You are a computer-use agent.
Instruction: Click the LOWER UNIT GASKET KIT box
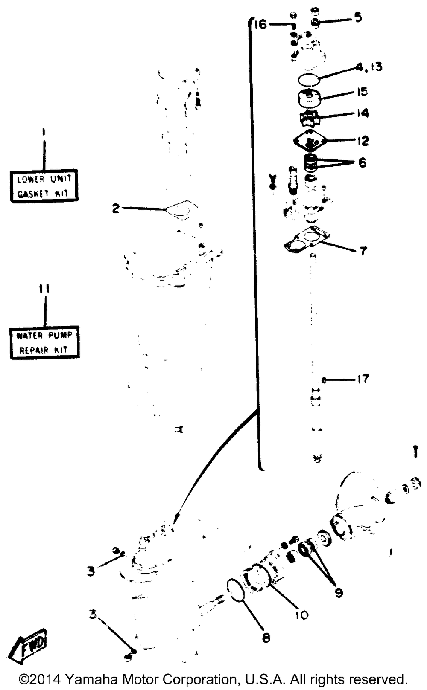click(44, 186)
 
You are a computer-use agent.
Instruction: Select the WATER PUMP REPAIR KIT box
click(44, 342)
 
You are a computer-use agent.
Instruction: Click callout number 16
click(260, 24)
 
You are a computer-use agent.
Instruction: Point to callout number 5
click(357, 17)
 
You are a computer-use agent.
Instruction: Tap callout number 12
click(362, 141)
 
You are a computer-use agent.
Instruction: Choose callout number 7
click(363, 251)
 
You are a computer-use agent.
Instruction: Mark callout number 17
click(363, 379)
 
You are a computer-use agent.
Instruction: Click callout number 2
click(115, 209)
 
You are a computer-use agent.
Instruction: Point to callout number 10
click(301, 615)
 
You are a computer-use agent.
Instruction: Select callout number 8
click(266, 638)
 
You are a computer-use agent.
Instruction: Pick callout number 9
click(339, 592)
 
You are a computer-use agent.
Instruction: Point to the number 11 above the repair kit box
click(44, 289)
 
